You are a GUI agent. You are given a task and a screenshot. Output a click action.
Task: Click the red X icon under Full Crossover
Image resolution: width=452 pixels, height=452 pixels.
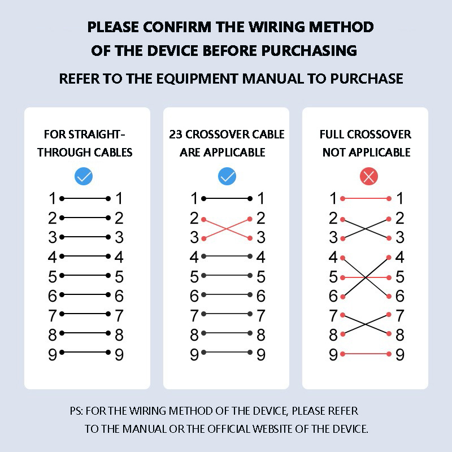[369, 176]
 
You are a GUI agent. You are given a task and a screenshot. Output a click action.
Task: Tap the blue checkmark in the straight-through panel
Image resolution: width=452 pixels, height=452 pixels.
[84, 176]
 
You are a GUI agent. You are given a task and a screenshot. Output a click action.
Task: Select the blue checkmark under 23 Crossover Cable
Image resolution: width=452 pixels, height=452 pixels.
[227, 176]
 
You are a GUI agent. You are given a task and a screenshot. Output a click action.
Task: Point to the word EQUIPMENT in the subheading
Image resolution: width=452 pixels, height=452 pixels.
[197, 79]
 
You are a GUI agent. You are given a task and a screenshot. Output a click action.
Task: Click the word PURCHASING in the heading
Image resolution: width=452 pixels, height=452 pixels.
[309, 51]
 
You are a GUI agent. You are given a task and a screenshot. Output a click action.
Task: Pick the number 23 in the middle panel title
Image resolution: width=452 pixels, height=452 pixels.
[176, 134]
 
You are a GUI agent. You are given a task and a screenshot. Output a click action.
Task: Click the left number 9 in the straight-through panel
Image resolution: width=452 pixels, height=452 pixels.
[53, 355]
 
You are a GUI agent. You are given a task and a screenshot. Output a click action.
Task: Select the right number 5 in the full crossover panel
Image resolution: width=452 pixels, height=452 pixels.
[400, 277]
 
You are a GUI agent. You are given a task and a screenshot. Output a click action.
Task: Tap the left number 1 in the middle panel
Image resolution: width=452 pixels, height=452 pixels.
[194, 198]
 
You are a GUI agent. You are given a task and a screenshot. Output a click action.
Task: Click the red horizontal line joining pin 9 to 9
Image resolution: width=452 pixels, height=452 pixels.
[366, 354]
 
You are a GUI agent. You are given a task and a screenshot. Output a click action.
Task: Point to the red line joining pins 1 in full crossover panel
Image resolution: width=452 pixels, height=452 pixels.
[366, 199]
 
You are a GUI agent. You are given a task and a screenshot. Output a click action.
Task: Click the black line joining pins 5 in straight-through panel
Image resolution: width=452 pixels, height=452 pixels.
[85, 276]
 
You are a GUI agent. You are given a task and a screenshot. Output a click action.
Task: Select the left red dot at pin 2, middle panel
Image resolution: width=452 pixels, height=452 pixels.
[204, 220]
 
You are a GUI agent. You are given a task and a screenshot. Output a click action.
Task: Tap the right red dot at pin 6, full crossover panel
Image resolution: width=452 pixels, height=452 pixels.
[389, 296]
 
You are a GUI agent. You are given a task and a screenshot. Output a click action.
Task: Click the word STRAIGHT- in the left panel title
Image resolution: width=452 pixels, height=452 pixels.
[97, 134]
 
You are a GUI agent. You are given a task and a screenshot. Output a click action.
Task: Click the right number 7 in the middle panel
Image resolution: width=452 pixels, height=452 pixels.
[261, 315]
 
